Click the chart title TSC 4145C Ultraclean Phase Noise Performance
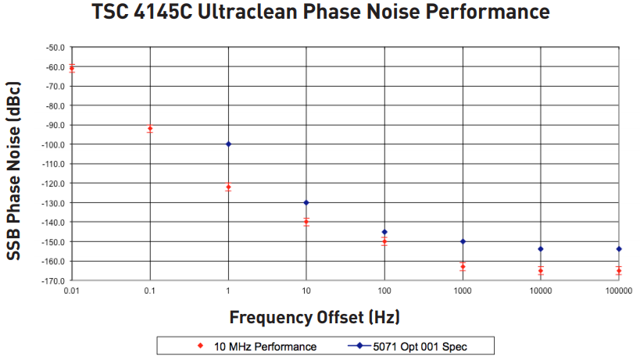point(320,13)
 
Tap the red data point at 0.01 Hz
point(72,68)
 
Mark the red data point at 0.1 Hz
point(150,128)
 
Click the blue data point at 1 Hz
point(228,144)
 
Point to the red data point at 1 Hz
point(228,187)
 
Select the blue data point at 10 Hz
point(306,202)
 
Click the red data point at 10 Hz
point(306,222)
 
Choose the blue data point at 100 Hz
point(384,232)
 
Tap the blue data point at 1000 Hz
point(463,241)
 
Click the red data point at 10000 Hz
point(541,271)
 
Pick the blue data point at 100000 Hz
point(619,249)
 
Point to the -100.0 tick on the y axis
point(55,144)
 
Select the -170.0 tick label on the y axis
point(55,280)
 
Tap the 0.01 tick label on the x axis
point(72,290)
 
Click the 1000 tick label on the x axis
point(463,290)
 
